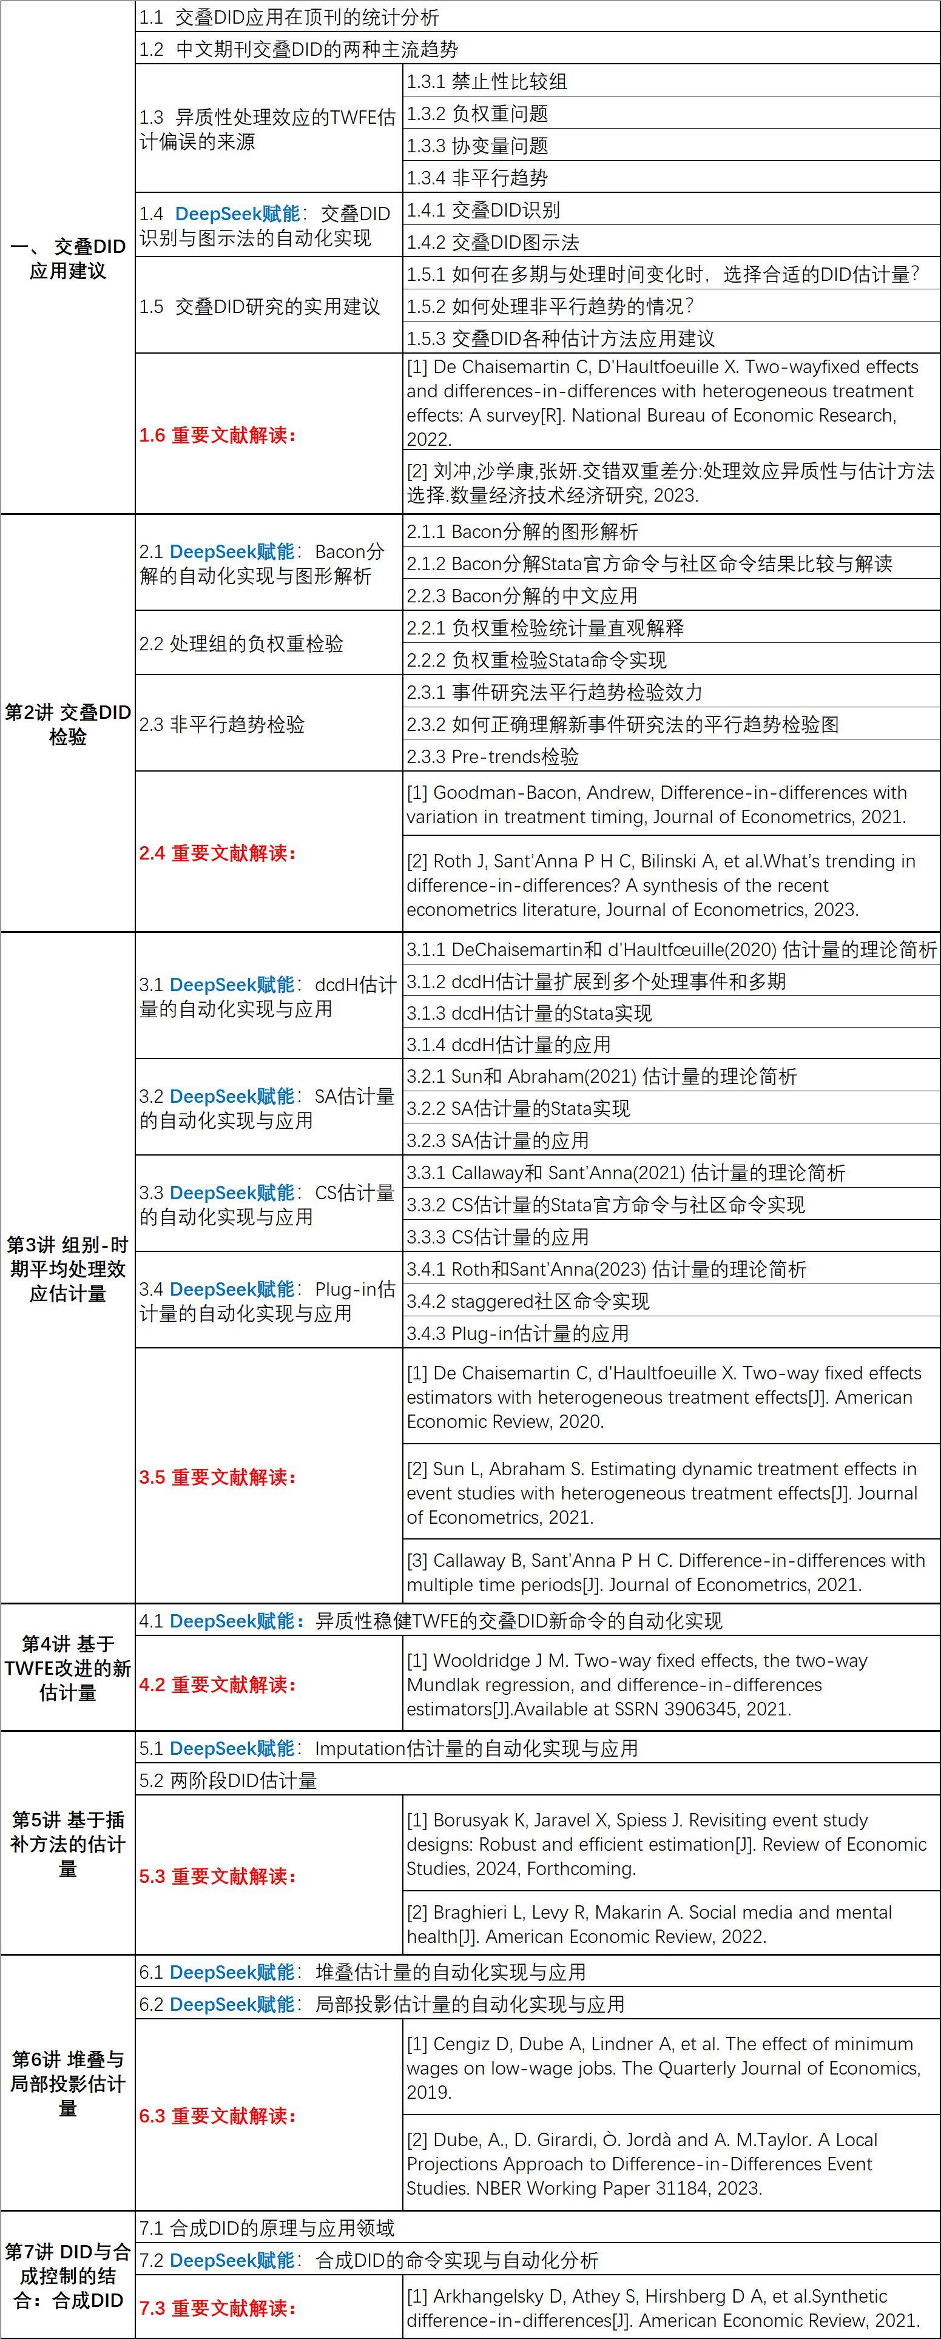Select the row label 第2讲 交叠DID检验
(68, 724)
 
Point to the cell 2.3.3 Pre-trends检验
(492, 756)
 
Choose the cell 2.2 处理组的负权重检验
(241, 644)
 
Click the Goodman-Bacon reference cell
(656, 804)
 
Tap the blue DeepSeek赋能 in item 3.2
(232, 1097)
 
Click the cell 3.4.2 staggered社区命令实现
(528, 1301)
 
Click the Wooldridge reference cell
(636, 1684)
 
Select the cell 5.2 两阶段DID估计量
(228, 1780)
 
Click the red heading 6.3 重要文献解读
(218, 2116)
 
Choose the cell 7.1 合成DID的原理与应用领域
(267, 2228)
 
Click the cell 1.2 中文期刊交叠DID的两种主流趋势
(299, 49)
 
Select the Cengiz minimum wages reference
(663, 2067)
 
